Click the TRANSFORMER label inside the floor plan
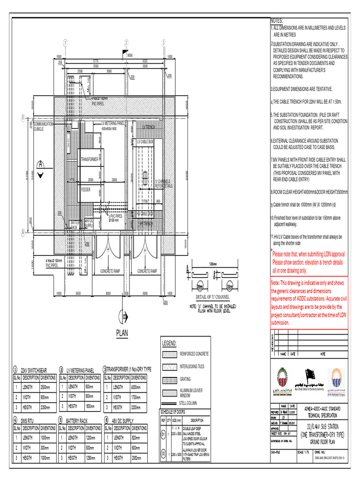pos(90,159)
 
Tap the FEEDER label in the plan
pos(86,190)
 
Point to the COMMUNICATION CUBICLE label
pos(44,126)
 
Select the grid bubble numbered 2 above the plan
pos(126,43)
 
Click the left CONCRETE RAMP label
pos(111,271)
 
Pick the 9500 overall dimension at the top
pos(130,55)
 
